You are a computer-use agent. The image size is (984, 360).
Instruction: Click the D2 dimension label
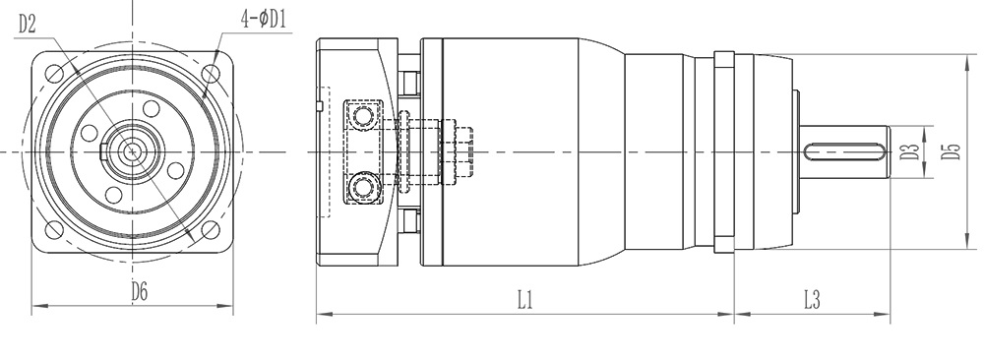pyautogui.click(x=27, y=24)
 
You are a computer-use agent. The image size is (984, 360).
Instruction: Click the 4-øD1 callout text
pyautogui.click(x=264, y=20)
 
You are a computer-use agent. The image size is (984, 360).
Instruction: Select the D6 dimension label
pyautogui.click(x=140, y=291)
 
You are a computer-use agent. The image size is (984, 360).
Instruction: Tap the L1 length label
pyautogui.click(x=525, y=300)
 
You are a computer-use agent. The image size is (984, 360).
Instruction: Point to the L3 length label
pyautogui.click(x=812, y=300)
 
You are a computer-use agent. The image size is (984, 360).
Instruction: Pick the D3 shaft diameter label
pyautogui.click(x=909, y=151)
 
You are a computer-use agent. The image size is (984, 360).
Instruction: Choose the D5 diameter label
pyautogui.click(x=952, y=151)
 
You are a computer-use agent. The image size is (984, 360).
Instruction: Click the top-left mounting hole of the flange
pyautogui.click(x=54, y=74)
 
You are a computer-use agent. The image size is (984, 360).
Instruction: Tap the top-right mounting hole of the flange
pyautogui.click(x=211, y=74)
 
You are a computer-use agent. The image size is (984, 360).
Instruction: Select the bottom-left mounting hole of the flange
pyautogui.click(x=54, y=230)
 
